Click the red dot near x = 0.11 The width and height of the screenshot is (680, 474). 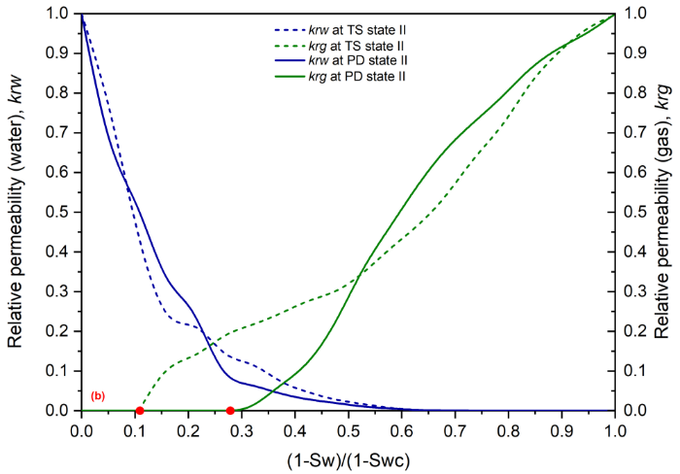click(x=140, y=411)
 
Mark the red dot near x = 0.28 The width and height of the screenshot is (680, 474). click(x=230, y=411)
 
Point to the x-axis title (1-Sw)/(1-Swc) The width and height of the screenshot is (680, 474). click(x=347, y=457)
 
